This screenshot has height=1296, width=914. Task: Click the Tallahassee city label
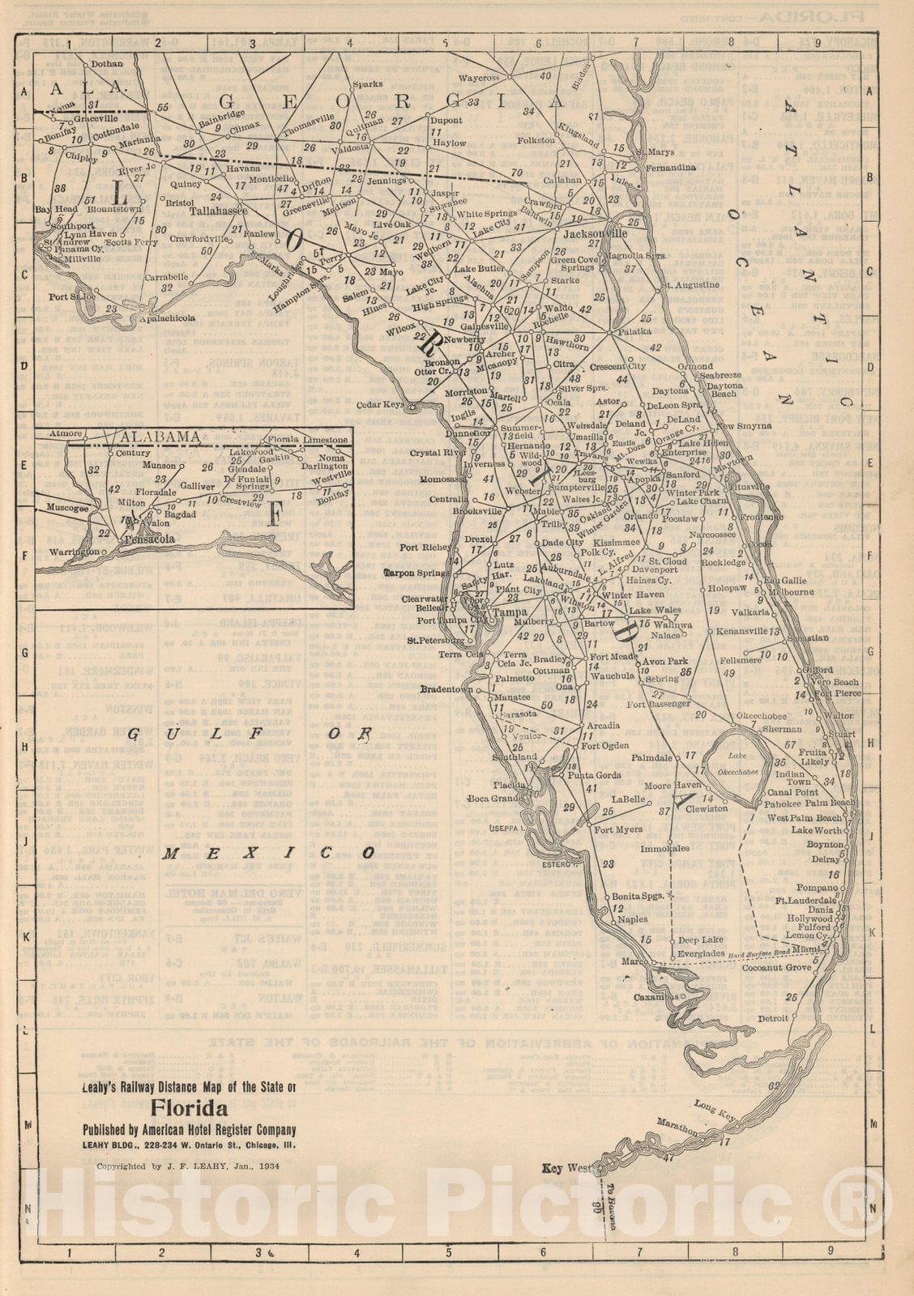[x=218, y=210]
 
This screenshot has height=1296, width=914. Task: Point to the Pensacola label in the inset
[x=149, y=539]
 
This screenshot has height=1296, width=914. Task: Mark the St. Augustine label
[x=690, y=285]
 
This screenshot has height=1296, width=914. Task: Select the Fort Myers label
[x=618, y=829]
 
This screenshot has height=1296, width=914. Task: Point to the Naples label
[x=633, y=919]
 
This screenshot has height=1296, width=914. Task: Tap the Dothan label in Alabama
[x=107, y=63]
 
